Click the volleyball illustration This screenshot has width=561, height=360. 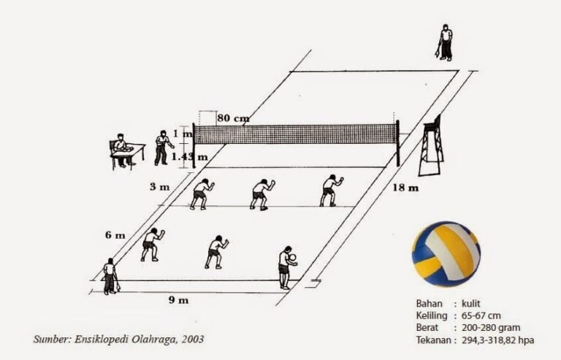point(445,253)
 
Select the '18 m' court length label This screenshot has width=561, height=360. point(407,188)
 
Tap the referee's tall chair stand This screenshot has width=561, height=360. point(431,146)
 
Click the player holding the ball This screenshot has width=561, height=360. point(286,267)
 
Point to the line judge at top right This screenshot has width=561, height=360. point(444,42)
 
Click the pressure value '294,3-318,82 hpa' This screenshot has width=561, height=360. point(503,340)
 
